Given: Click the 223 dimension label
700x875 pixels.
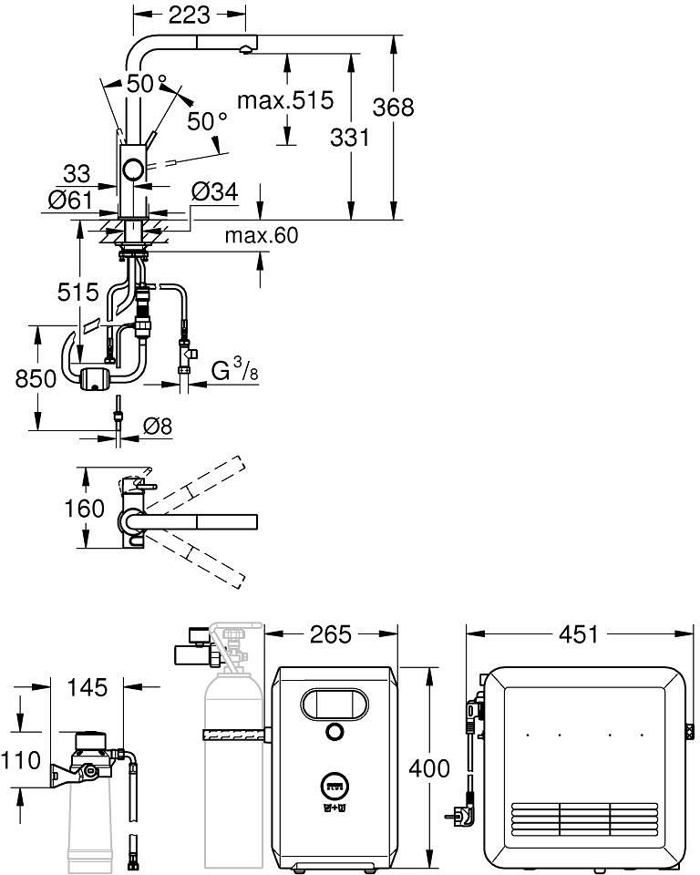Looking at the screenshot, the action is [189, 15].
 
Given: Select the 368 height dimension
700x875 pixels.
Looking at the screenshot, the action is [394, 107].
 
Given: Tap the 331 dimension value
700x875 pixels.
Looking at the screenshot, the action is [350, 138].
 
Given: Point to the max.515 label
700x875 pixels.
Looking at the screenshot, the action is [285, 100].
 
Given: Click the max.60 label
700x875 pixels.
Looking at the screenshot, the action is [262, 235].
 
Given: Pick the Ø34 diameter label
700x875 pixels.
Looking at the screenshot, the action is [214, 191].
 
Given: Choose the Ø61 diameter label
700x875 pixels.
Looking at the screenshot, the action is [70, 200].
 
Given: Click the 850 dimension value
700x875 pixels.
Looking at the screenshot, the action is [36, 379].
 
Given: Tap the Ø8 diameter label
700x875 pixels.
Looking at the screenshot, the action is [158, 427].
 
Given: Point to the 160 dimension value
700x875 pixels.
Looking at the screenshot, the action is [84, 509].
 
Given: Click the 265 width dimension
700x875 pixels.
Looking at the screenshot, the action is [331, 634].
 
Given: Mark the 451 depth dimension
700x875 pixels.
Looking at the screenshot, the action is [578, 634].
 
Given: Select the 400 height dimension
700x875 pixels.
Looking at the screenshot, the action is [429, 768].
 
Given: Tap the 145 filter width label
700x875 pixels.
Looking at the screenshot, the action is [87, 687].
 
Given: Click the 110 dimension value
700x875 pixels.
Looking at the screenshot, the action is [21, 760].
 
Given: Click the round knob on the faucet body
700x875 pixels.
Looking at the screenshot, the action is [134, 168].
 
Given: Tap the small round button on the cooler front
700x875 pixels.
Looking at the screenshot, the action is [334, 732].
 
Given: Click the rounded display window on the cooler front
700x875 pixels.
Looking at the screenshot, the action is [335, 704].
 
